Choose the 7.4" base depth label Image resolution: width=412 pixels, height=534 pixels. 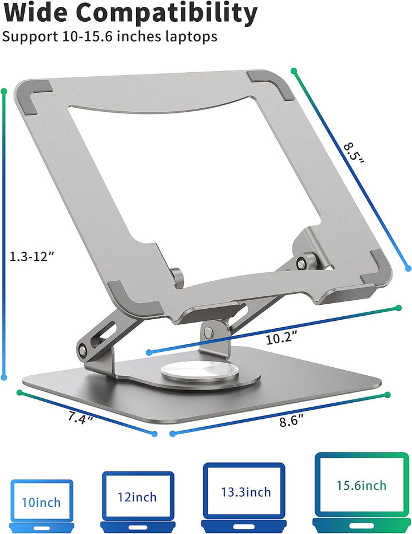(x=80, y=418)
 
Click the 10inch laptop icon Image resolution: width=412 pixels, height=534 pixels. (x=41, y=504)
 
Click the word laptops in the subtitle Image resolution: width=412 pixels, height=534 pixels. (x=191, y=37)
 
